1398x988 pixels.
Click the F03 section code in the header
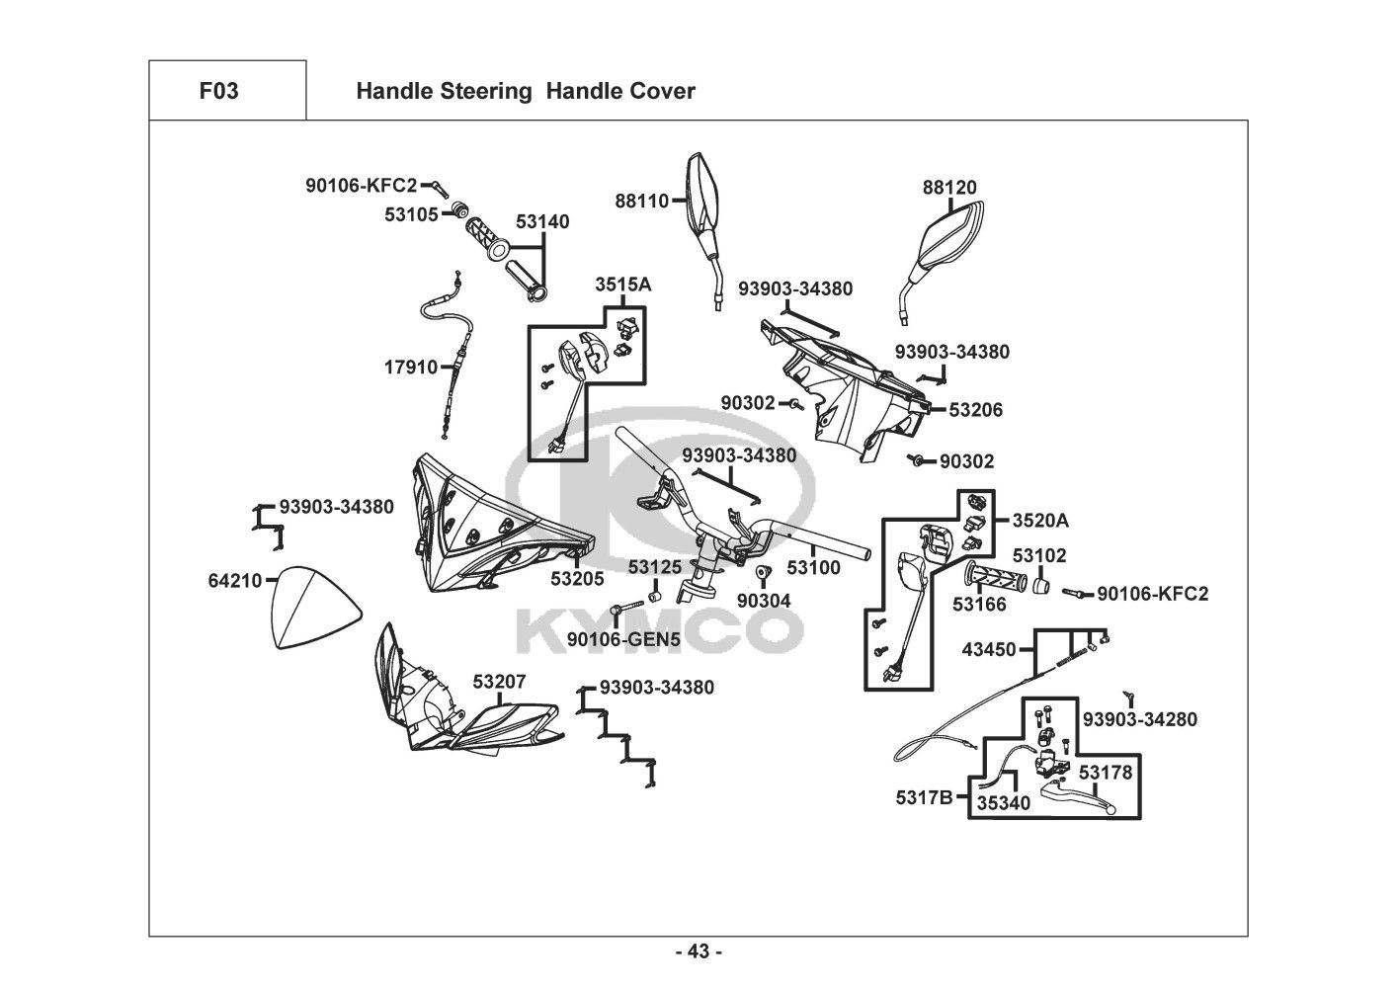(218, 91)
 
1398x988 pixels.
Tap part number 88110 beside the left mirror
(642, 201)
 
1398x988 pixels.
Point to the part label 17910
(410, 368)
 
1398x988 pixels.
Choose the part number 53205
(577, 579)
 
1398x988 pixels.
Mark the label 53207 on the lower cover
(499, 682)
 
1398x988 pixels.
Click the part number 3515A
(622, 285)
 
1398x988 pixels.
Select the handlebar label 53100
(813, 568)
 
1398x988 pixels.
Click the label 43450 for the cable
(989, 649)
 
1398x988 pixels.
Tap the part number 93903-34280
(1139, 719)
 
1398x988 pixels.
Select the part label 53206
(975, 409)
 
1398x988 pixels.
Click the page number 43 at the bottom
(699, 951)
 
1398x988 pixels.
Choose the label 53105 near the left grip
(411, 213)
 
